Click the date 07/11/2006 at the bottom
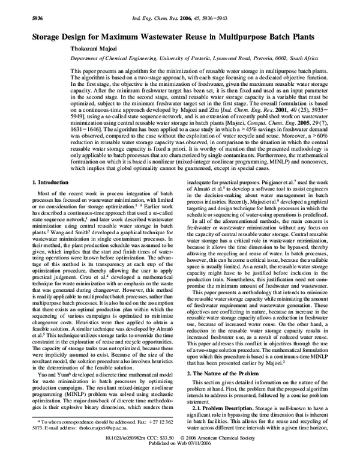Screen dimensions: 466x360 click(x=197, y=461)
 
